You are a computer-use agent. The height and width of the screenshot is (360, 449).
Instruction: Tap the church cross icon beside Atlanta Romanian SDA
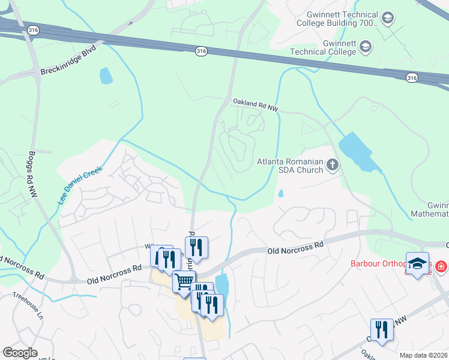coord(333,164)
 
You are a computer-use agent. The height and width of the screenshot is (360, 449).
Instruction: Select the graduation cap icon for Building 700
coord(388,18)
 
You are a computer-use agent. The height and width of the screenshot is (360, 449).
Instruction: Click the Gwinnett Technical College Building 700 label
coord(337,19)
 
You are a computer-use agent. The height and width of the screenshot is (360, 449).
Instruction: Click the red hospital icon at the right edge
coord(441,265)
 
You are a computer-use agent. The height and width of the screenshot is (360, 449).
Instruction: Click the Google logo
coord(19,352)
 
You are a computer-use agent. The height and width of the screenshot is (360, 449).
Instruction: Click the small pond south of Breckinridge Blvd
coord(106,76)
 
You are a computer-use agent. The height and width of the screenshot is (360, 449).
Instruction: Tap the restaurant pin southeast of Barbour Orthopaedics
coord(381,330)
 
